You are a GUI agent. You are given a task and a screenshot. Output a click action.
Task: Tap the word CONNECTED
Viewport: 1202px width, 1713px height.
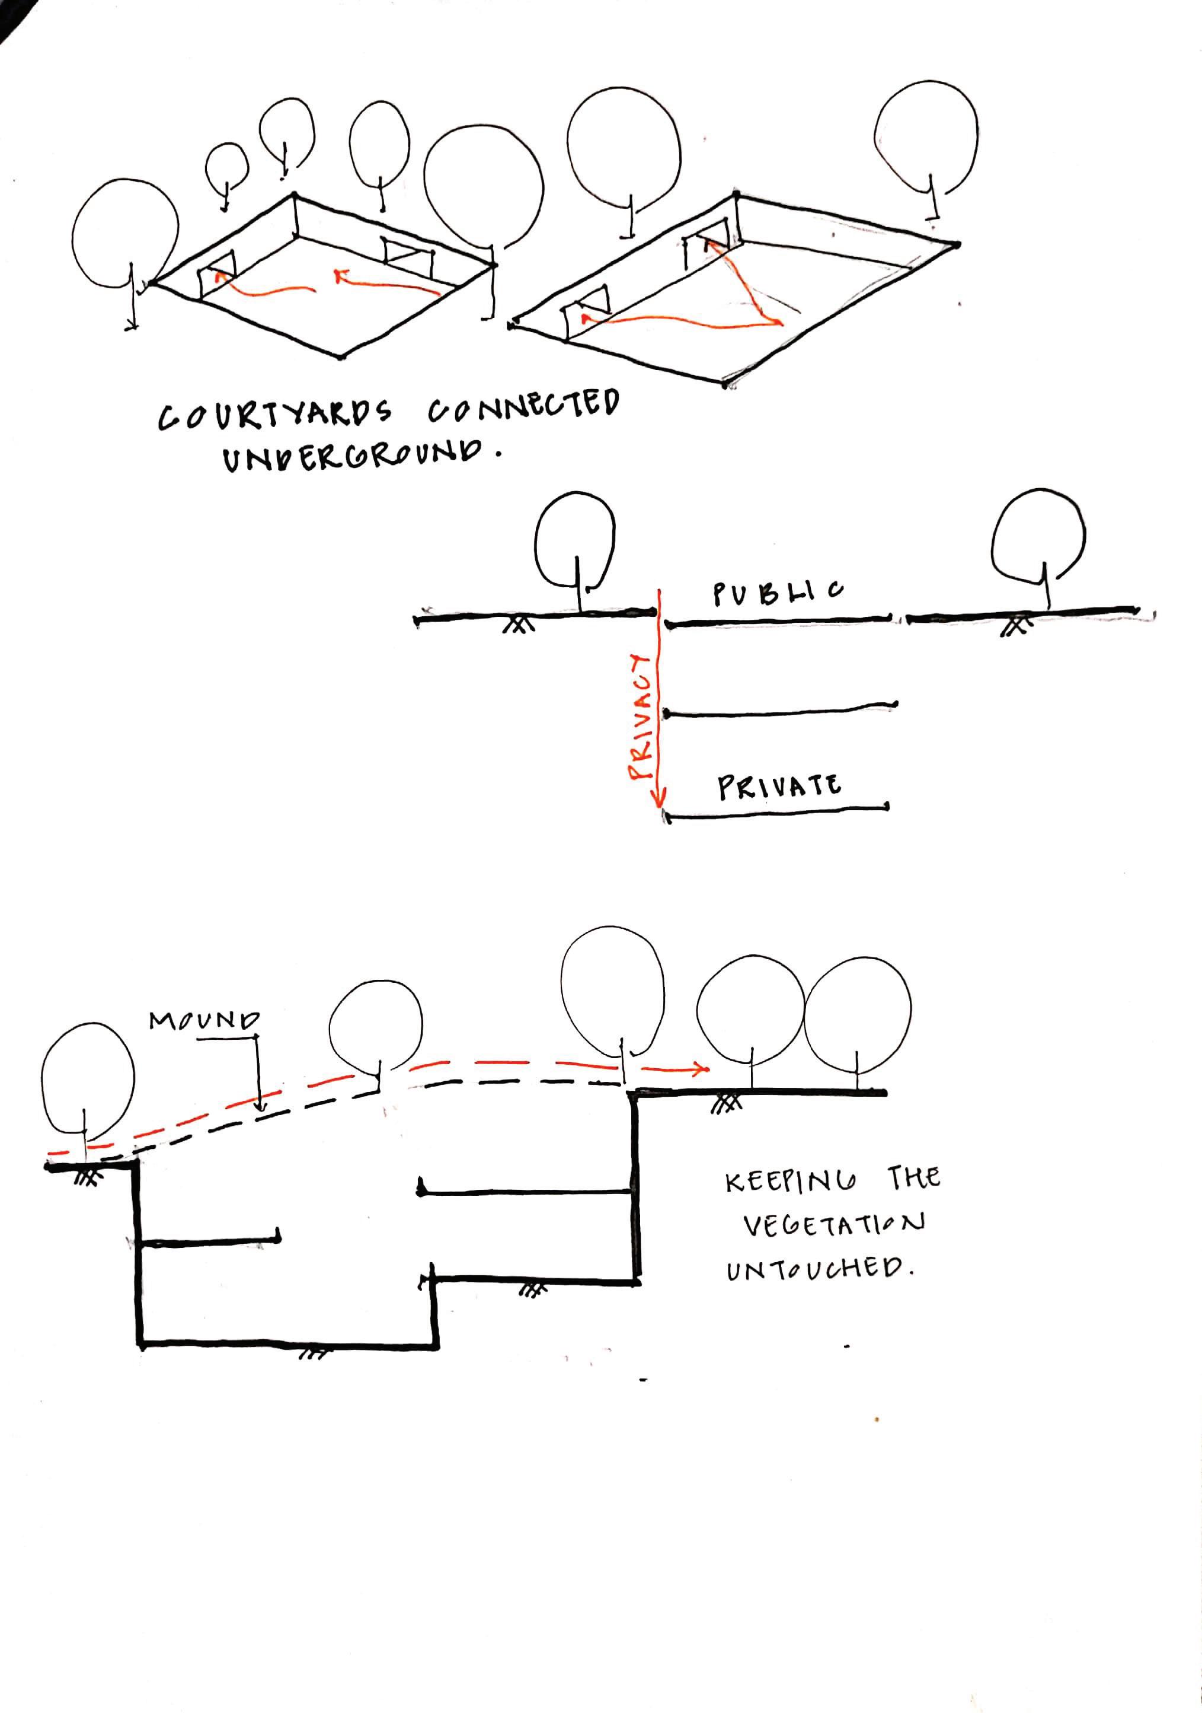pyautogui.click(x=523, y=409)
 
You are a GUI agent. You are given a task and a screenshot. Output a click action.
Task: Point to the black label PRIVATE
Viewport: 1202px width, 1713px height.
pyautogui.click(x=779, y=787)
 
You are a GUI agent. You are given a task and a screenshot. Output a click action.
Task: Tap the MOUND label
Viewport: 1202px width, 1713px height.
pyautogui.click(x=204, y=1020)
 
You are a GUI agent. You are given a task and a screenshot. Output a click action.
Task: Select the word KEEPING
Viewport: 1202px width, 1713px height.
pyautogui.click(x=791, y=1182)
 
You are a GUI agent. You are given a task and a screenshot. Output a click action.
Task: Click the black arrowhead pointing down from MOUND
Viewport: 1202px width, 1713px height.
pyautogui.click(x=260, y=1106)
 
